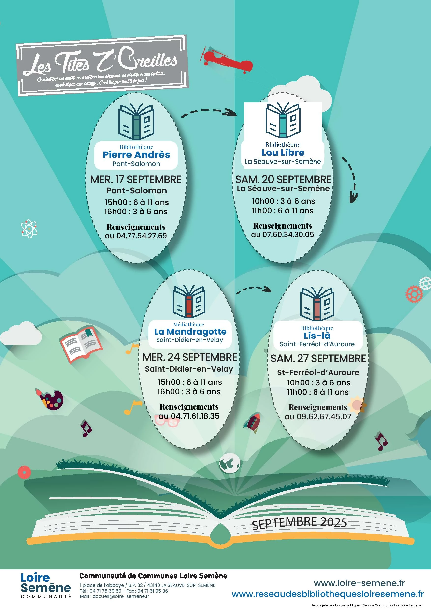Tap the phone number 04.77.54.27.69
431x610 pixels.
click(142, 236)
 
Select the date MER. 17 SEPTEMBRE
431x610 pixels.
click(136, 179)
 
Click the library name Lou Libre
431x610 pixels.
click(283, 152)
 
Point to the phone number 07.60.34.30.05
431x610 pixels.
click(288, 234)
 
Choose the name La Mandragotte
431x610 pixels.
click(190, 332)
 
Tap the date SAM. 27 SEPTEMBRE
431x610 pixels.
click(318, 358)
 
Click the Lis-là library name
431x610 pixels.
click(317, 335)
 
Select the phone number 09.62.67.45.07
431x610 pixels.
click(324, 416)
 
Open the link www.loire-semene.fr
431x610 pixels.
click(359, 583)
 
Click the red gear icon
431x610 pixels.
click(414, 294)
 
